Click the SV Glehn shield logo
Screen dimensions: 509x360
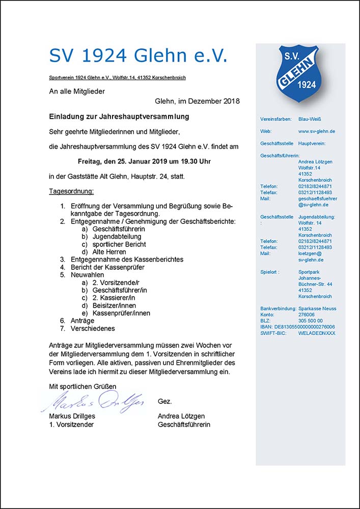(300, 74)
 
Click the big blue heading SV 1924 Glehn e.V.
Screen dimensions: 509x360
(138, 55)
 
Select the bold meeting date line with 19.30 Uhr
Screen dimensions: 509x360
(144, 162)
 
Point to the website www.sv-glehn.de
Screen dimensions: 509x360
(317, 131)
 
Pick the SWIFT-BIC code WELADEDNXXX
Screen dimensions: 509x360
(317, 333)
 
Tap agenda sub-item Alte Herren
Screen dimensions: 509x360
(109, 252)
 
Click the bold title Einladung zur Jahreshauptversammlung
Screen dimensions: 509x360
(119, 117)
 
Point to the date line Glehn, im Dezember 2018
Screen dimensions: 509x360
(197, 102)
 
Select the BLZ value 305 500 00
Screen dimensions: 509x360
(311, 321)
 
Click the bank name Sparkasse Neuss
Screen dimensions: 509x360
(317, 308)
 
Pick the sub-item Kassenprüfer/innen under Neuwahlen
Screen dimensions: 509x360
(121, 313)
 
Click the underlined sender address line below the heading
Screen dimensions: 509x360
(117, 77)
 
